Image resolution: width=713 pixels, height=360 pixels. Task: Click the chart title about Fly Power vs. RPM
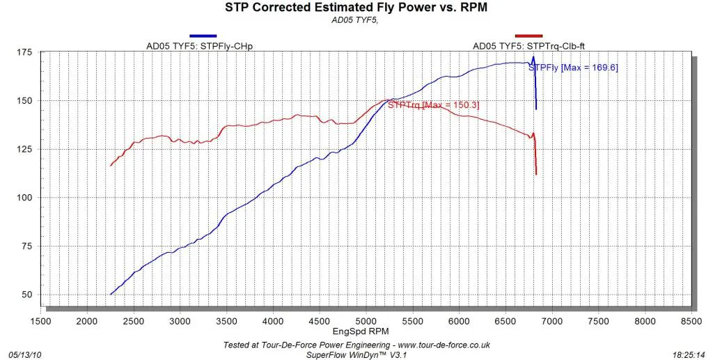tap(356, 8)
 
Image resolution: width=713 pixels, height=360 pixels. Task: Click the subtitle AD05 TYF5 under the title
tap(355, 20)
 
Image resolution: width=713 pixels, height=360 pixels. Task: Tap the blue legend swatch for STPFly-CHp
tap(203, 36)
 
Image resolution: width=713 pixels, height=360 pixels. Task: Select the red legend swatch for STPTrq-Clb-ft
tap(529, 36)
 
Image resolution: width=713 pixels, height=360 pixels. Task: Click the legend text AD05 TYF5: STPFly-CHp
tap(199, 46)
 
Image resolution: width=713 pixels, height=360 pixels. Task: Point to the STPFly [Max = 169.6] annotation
tap(574, 68)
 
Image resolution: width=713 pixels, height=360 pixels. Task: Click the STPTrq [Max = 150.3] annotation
tap(433, 105)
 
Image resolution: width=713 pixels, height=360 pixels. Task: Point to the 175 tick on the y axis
tap(26, 52)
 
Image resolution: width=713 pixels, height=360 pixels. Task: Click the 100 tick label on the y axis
tap(26, 197)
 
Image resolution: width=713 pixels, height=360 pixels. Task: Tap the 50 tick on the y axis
tap(28, 295)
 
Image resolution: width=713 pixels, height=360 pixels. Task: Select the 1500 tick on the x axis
tap(40, 322)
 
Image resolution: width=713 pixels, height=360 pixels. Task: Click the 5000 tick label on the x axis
tap(366, 322)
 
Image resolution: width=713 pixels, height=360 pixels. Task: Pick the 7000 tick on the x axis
tap(552, 322)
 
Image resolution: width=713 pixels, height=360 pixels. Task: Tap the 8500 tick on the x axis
tap(691, 322)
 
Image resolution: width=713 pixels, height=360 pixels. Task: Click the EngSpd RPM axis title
tap(361, 331)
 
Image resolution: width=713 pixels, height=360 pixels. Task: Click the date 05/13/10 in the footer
tap(24, 354)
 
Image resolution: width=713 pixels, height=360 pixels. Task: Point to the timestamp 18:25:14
tap(689, 354)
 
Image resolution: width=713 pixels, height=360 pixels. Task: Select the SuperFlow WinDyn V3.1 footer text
tap(356, 354)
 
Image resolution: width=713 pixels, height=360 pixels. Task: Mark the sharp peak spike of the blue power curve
tap(533, 57)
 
